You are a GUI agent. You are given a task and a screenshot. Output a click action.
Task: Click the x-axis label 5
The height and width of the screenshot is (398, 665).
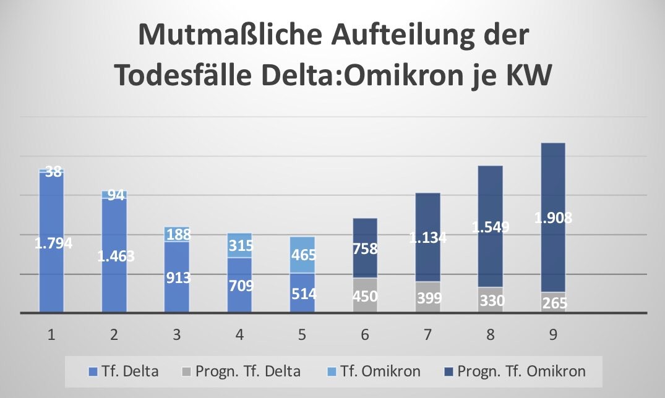tap(302, 335)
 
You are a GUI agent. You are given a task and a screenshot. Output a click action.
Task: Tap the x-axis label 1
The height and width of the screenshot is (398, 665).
tap(51, 335)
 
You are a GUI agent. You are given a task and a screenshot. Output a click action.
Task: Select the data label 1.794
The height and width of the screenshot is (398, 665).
tap(53, 243)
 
